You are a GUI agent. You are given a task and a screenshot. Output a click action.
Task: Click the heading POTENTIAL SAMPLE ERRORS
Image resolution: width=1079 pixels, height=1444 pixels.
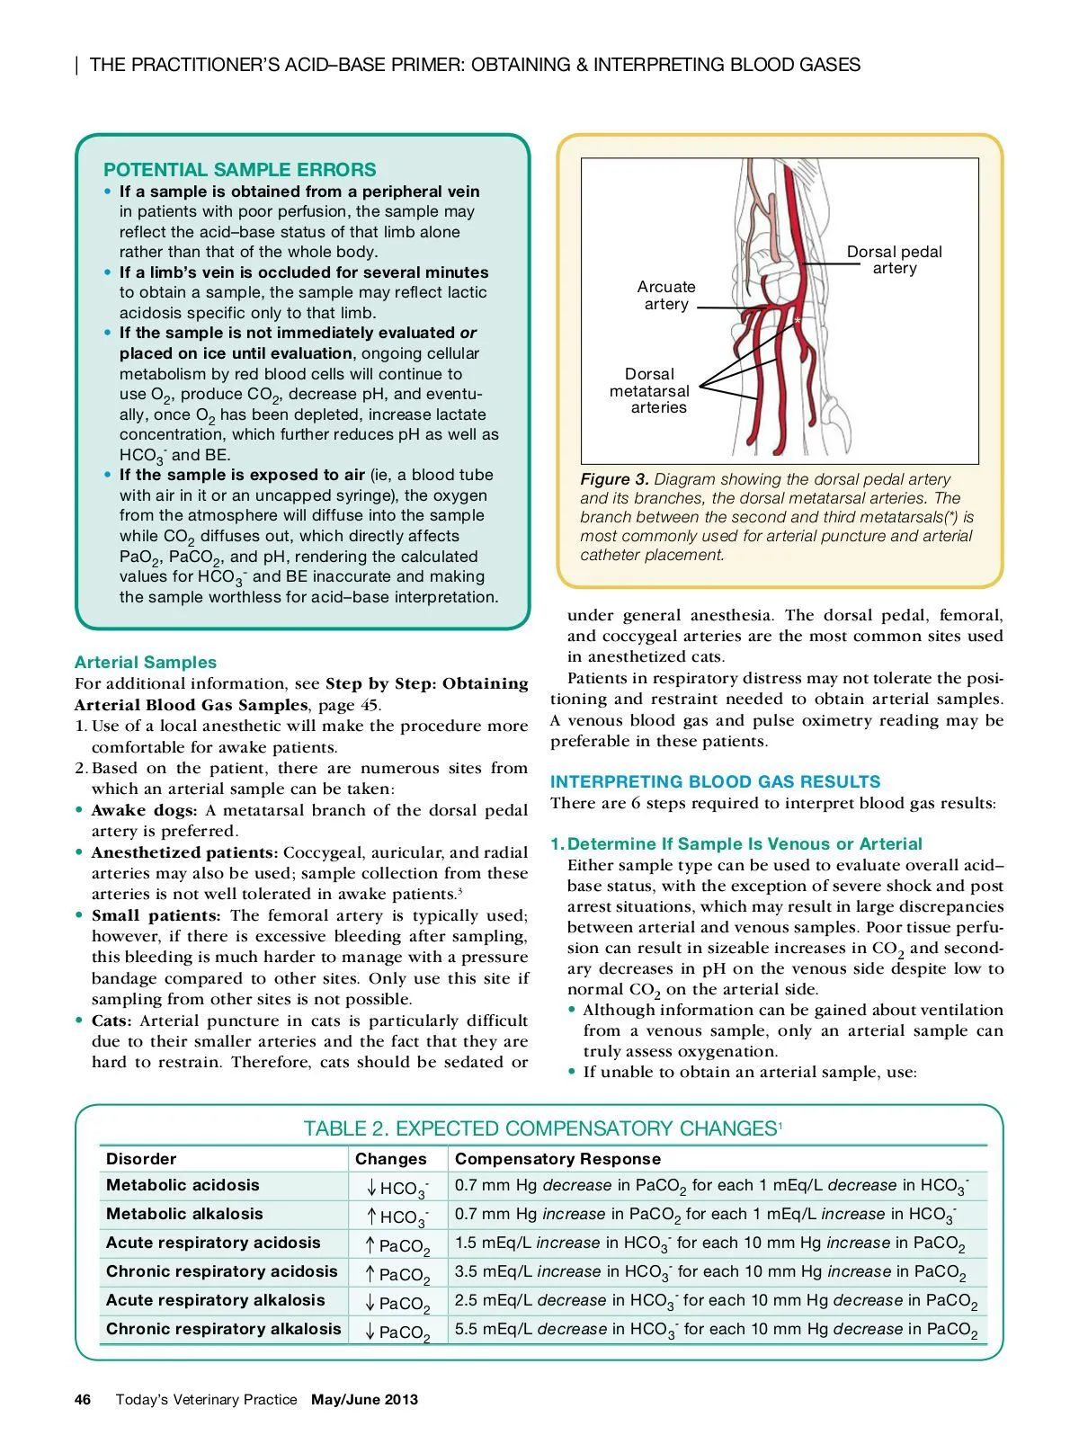point(239,170)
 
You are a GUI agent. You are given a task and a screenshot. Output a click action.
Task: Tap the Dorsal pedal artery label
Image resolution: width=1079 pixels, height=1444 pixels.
point(894,260)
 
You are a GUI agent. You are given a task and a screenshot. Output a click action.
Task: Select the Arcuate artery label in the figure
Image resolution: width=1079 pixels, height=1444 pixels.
point(665,295)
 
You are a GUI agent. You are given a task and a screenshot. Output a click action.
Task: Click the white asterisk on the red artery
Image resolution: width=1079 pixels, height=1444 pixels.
point(796,321)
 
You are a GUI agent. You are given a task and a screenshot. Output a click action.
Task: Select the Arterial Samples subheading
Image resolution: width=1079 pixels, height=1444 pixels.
point(145,663)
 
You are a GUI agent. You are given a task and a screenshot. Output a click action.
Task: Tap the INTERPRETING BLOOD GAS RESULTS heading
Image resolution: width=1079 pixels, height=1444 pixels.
point(715,781)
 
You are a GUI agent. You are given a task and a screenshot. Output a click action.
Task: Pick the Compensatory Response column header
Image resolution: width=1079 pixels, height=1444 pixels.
point(557,1159)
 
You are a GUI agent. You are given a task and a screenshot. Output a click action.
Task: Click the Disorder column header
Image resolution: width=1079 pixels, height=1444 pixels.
point(141,1159)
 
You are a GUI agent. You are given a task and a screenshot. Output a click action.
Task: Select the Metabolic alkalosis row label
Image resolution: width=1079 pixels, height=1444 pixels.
point(184,1214)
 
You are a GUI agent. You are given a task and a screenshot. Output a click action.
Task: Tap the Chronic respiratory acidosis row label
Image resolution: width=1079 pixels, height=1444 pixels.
point(221,1271)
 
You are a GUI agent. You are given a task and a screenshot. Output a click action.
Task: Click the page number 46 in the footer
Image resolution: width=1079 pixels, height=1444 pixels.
point(83,1399)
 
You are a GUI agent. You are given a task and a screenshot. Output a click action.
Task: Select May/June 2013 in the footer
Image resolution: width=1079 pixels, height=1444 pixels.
point(364,1399)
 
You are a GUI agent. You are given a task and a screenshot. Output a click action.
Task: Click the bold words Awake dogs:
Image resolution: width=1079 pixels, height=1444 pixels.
point(144,810)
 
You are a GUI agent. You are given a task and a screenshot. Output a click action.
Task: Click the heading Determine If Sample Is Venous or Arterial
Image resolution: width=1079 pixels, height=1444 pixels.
point(745,843)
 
